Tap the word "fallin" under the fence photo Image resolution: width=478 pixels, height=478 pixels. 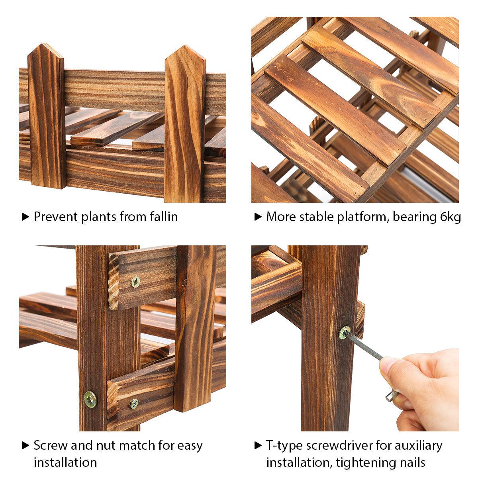164,216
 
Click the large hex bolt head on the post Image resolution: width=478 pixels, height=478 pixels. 90,400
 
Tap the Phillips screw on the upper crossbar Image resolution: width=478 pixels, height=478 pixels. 136,282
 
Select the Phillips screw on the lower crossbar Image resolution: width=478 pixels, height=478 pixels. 134,404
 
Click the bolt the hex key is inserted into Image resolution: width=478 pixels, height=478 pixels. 345,332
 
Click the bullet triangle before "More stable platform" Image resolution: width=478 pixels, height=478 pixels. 258,217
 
